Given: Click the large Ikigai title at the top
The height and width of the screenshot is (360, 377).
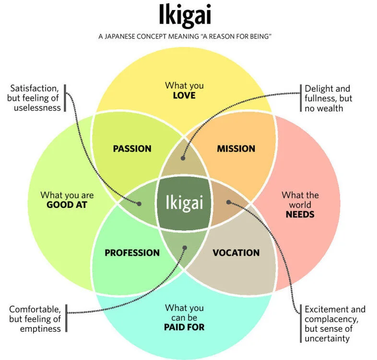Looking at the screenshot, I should coord(185,16).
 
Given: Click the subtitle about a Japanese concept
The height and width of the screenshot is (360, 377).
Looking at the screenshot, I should coord(185,36).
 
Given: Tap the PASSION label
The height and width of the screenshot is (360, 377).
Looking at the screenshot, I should coord(132,149).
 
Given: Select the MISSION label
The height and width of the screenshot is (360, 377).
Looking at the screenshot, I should coord(236,149).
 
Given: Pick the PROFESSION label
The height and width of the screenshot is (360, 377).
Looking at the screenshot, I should coord(132,252).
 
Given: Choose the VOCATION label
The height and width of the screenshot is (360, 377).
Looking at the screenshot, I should coord(236,252).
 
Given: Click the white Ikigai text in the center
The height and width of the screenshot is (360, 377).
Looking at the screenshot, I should coord(184,202).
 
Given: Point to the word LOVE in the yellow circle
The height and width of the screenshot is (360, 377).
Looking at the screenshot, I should coord(184,96).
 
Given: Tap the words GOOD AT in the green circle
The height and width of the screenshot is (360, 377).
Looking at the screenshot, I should coord(67,205).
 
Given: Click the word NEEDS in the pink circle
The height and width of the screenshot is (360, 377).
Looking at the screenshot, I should coord(300,214).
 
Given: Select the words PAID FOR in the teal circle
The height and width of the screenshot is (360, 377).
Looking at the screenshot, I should coord(184,327).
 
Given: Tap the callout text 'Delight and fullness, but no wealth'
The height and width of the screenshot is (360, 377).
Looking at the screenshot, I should coord(327,98).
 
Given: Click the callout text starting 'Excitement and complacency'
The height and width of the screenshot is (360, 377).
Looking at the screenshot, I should coord(335,324).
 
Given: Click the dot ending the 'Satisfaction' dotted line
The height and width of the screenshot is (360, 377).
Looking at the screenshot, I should coord(140,204).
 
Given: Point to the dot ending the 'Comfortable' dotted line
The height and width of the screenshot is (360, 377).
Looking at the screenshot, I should coord(185,248).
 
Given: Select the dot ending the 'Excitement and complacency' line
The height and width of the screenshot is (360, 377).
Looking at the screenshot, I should coord(229,202).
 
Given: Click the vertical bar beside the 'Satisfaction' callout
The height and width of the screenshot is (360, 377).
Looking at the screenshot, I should coord(65,98).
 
